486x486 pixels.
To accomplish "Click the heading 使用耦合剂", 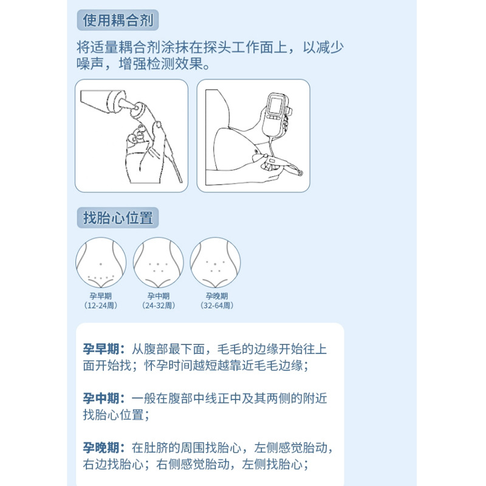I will (x=118, y=21).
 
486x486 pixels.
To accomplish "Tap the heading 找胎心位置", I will (x=118, y=218).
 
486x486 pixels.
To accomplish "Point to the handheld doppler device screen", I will (x=277, y=106).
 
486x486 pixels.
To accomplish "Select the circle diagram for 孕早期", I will (x=101, y=262).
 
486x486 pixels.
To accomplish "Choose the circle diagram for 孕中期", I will (x=158, y=262).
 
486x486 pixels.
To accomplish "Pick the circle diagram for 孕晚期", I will (x=215, y=262).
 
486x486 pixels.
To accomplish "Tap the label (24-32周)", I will (x=158, y=306).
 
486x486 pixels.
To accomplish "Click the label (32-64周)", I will (x=216, y=306).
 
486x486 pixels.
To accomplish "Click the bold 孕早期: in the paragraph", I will (x=104, y=349).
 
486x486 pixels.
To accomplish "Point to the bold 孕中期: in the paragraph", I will (x=104, y=399).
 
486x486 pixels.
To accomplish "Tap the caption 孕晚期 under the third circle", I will (x=216, y=296).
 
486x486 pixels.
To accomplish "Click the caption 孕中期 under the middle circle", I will (x=158, y=296).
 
